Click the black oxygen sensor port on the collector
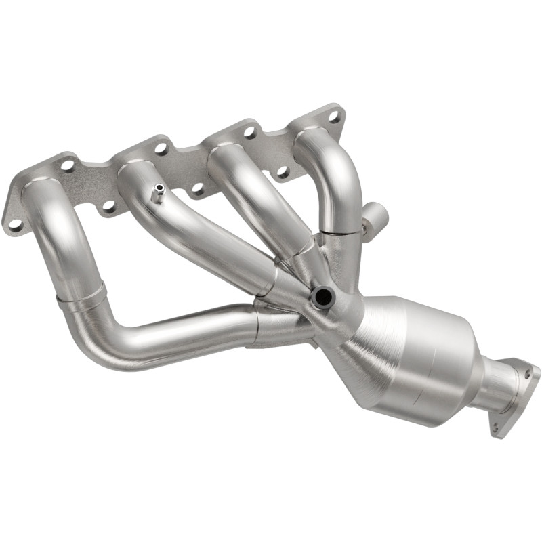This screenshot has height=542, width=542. (322, 297)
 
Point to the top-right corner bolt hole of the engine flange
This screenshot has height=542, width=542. (333, 117)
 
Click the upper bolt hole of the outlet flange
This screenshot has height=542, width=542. (526, 374)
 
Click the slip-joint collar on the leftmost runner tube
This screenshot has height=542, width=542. (81, 298)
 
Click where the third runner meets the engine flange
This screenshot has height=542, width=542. (227, 146)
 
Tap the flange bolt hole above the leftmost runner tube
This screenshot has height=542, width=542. (68, 165)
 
